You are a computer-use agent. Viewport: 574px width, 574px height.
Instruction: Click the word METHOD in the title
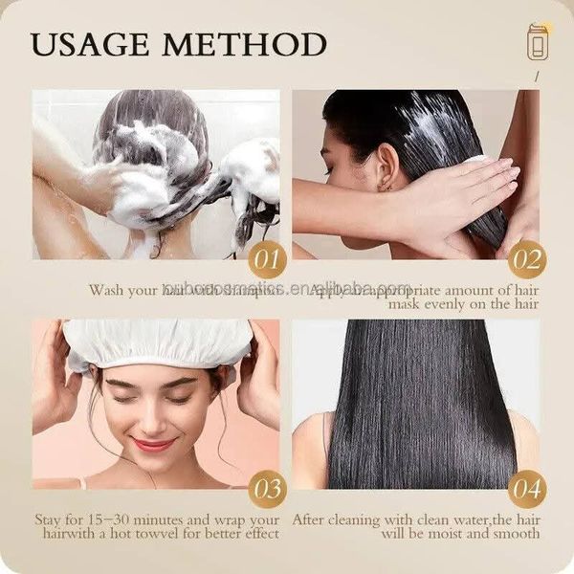pos(250,44)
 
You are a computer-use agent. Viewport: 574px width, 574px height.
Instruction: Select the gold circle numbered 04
pos(526,490)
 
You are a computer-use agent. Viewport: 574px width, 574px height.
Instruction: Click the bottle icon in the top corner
pos(539,42)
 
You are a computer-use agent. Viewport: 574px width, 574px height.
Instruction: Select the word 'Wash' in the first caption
pos(107,288)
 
